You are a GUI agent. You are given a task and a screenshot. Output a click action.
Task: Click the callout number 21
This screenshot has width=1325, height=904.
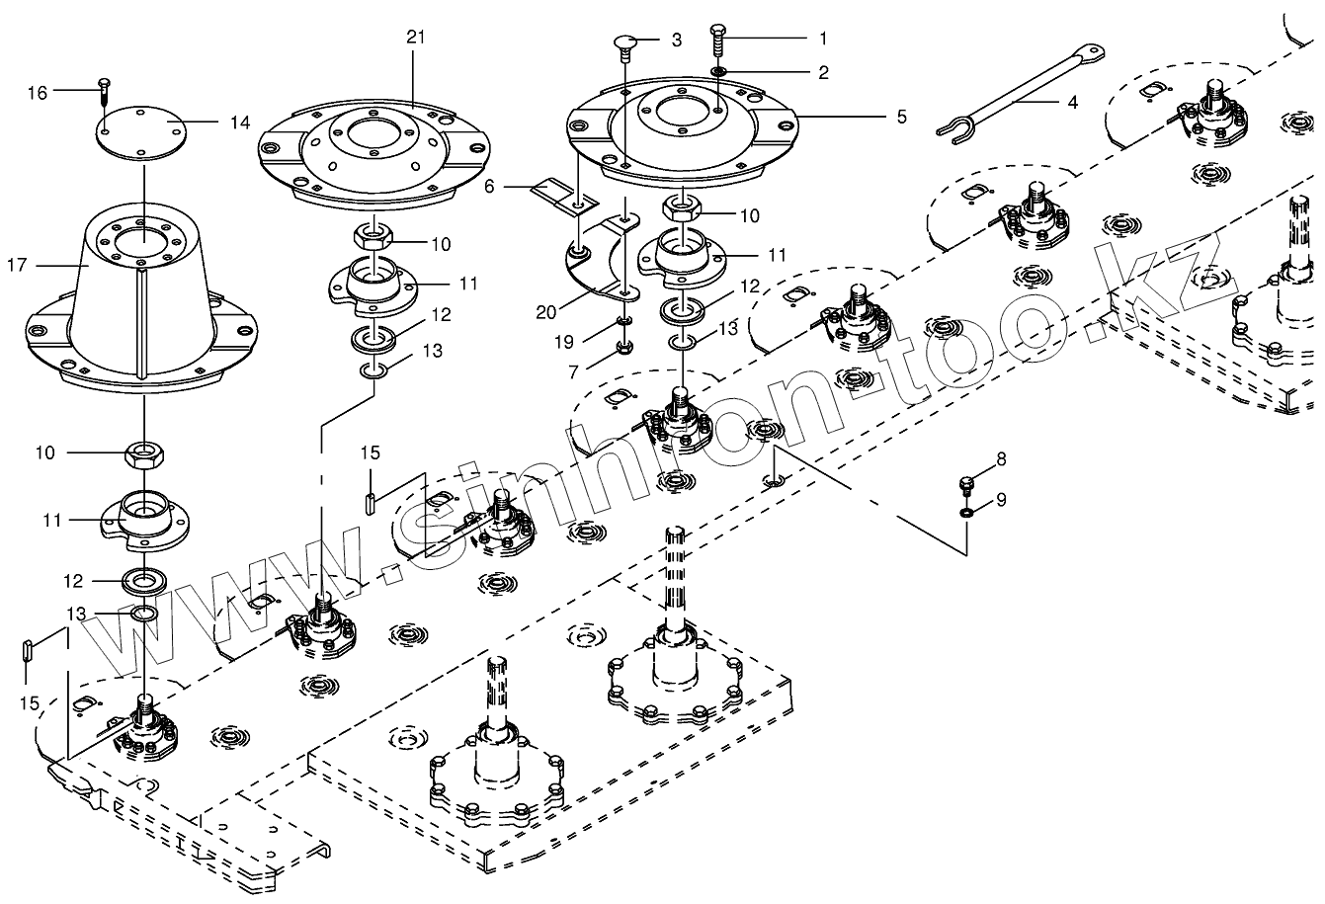pyautogui.click(x=416, y=37)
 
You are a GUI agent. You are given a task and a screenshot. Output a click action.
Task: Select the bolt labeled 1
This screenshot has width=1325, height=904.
pyautogui.click(x=718, y=45)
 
